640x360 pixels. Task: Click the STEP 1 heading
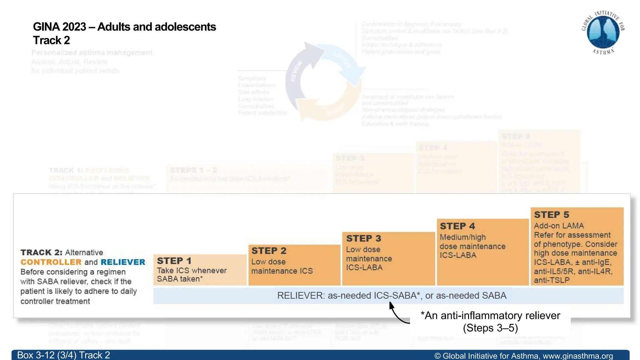pyautogui.click(x=174, y=261)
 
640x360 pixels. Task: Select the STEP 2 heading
pyautogui.click(x=269, y=251)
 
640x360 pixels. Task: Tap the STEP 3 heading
pyautogui.click(x=363, y=238)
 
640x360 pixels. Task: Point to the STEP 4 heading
pyautogui.click(x=457, y=226)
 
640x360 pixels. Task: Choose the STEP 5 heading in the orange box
pyautogui.click(x=551, y=215)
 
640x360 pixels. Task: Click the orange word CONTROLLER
pyautogui.click(x=51, y=262)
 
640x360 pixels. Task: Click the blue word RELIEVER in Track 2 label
pyautogui.click(x=123, y=262)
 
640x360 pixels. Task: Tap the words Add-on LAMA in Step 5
pyautogui.click(x=558, y=226)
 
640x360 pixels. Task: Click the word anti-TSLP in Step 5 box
pyautogui.click(x=552, y=280)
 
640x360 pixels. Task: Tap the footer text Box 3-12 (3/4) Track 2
pyautogui.click(x=63, y=355)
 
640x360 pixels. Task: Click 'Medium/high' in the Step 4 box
pyautogui.click(x=462, y=237)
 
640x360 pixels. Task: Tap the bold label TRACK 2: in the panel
pyautogui.click(x=41, y=252)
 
